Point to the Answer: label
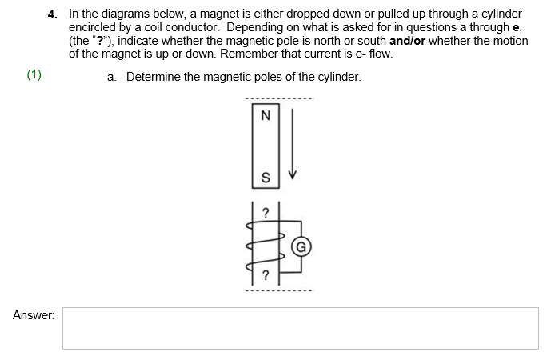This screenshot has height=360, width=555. coord(34,316)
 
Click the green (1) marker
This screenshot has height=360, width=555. coord(34,76)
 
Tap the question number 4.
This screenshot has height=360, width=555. coord(52,14)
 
